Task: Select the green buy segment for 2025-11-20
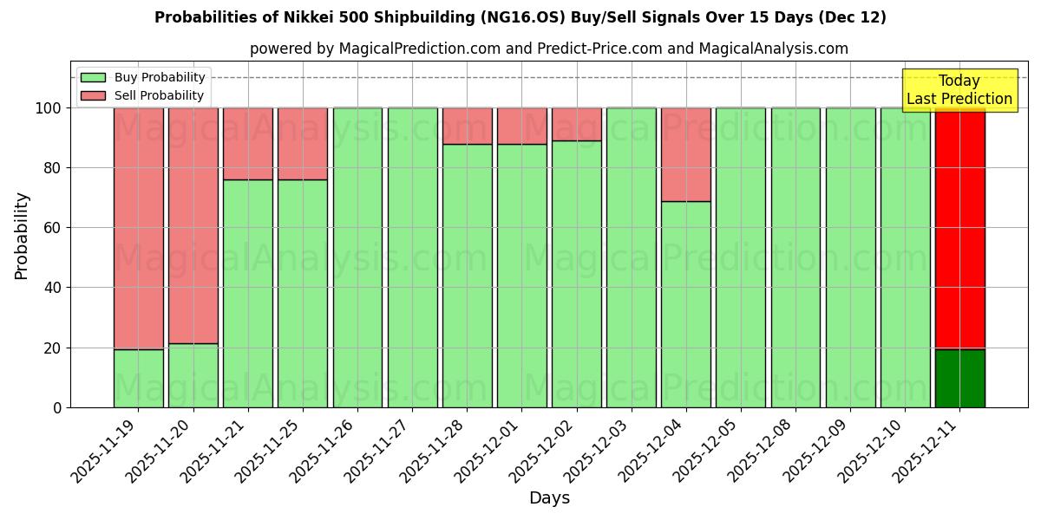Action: [x=193, y=375]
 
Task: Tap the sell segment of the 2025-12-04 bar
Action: [x=686, y=154]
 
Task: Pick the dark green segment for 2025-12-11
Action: [x=959, y=378]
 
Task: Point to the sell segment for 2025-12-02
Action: [x=577, y=124]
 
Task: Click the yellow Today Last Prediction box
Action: [x=959, y=90]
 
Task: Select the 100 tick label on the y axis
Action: [x=48, y=108]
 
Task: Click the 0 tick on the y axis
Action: [x=58, y=407]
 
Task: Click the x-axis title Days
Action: [x=549, y=497]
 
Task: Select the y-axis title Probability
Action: [x=22, y=236]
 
